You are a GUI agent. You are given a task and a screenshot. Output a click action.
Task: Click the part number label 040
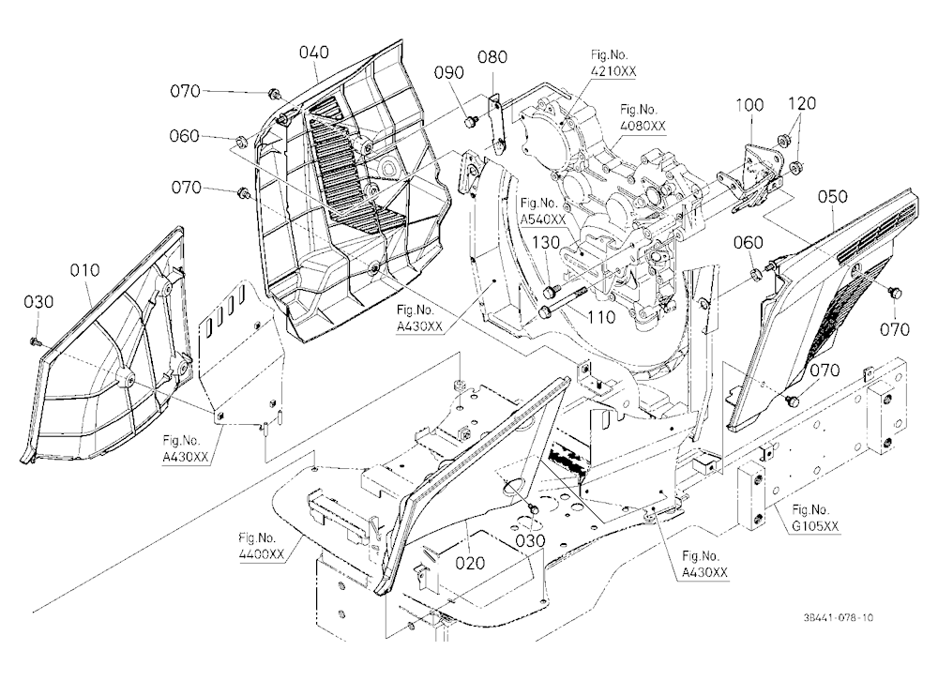(314, 53)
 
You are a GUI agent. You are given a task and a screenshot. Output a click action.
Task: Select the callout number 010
(85, 270)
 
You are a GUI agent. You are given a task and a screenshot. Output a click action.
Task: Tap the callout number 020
(470, 563)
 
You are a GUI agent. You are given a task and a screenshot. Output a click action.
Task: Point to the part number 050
(832, 196)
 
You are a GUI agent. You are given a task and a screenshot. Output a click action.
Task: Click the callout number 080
(492, 57)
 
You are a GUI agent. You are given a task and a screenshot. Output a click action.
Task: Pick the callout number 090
(448, 72)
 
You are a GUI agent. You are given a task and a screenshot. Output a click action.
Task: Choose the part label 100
(749, 105)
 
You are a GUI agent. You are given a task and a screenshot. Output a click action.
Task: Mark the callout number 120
(802, 103)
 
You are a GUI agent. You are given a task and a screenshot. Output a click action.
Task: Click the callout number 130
(546, 242)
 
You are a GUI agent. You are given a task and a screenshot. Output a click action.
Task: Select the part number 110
(601, 317)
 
